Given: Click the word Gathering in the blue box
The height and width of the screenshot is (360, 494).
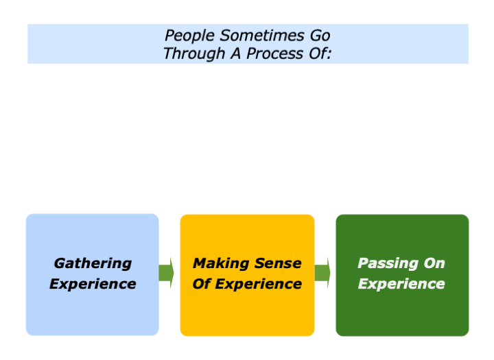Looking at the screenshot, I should pyautogui.click(x=93, y=263).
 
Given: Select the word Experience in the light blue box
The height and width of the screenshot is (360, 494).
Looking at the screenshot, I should pyautogui.click(x=93, y=284).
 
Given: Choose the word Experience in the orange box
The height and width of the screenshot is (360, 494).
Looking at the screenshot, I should pyautogui.click(x=257, y=284).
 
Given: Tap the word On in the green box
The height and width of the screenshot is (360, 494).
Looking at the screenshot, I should pyautogui.click(x=433, y=263).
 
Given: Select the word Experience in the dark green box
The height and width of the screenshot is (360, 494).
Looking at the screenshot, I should pyautogui.click(x=401, y=284).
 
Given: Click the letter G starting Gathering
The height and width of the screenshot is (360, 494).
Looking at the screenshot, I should pyautogui.click(x=59, y=263).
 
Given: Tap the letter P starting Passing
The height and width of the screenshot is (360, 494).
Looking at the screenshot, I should pyautogui.click(x=363, y=263).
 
